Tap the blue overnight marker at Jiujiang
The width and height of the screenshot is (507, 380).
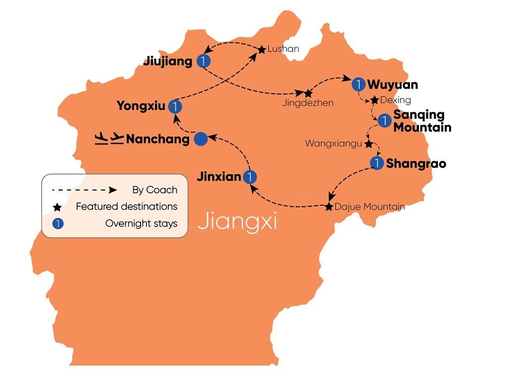tap(203, 61)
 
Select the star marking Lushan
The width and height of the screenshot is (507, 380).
tap(261, 49)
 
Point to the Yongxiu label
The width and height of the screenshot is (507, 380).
tap(140, 106)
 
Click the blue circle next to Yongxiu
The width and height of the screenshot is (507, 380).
tap(175, 106)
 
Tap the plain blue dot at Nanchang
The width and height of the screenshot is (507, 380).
tap(201, 140)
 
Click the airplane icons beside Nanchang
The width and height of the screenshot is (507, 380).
tap(108, 138)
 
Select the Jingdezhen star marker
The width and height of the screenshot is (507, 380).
tap(308, 93)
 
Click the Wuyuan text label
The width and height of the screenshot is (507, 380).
tap(392, 85)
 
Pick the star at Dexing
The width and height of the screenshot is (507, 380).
tap(374, 100)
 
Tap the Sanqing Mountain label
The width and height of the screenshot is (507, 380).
tap(422, 121)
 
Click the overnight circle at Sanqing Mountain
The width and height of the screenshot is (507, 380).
tap(384, 120)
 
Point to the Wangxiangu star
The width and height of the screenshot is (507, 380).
tap(368, 144)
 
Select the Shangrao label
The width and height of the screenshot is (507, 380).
tap(416, 164)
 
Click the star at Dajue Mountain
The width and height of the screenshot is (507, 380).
tap(329, 207)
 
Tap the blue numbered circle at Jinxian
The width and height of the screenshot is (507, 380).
tap(251, 177)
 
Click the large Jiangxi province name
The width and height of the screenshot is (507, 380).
tap(237, 222)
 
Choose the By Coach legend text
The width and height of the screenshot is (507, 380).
tap(154, 190)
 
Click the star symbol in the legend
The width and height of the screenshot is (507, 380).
tap(57, 207)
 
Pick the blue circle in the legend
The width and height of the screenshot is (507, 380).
tap(57, 224)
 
